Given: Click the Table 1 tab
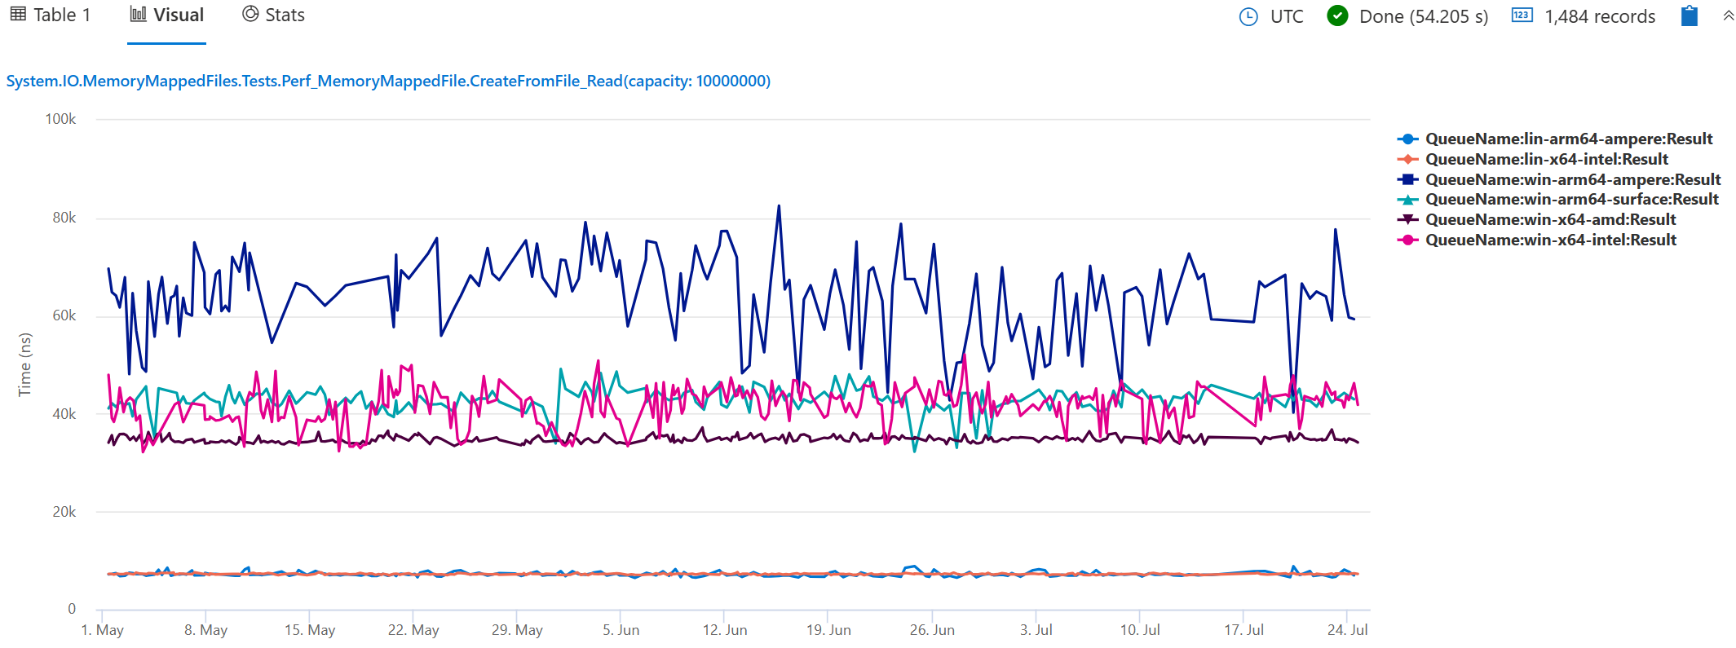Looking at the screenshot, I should pos(51,15).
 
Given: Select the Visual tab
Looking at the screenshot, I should pos(167,15).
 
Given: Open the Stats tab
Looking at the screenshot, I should pos(274,15).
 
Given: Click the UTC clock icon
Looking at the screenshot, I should pos(1248,16).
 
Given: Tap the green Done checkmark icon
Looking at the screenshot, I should pos(1337,15).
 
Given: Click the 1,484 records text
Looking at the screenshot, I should pos(1599,16).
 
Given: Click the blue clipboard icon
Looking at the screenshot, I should pos(1689,15).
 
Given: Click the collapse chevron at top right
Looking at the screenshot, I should pos(1728,15).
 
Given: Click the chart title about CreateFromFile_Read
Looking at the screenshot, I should pos(388,81).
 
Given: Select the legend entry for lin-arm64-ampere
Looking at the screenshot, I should pos(1568,139).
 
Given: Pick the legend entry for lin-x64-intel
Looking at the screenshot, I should pos(1546,159).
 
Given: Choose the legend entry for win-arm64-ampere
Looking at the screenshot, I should pos(1572,179).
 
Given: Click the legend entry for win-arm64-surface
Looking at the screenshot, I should pos(1571,199).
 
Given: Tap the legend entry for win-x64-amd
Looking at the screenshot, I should pos(1550,219).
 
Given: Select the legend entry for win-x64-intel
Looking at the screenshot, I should pos(1550,240).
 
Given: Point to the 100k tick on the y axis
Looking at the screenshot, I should pos(60,119).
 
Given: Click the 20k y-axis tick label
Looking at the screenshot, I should pos(64,512).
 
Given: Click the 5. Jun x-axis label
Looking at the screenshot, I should pos(621,630).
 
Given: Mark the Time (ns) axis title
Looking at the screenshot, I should pos(25,364).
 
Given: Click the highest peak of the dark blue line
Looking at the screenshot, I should pos(779,206).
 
